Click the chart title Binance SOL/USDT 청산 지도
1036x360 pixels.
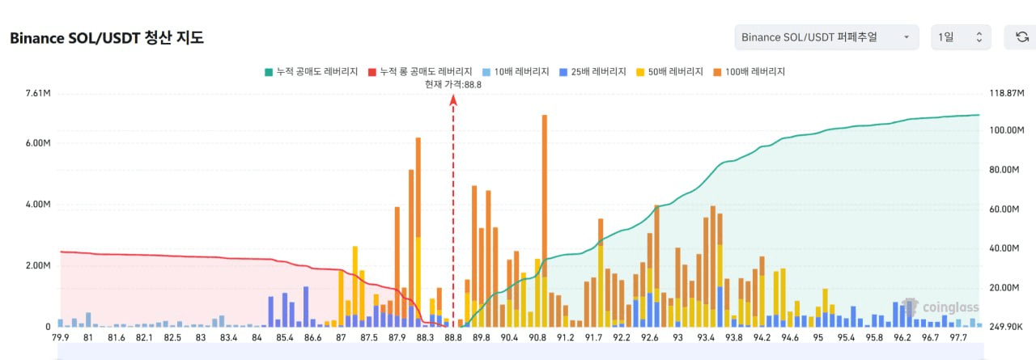coord(106,37)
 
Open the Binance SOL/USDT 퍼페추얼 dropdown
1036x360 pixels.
coord(826,36)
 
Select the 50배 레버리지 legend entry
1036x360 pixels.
coord(671,71)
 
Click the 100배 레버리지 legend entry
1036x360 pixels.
coord(750,71)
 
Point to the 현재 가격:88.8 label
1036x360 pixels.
coord(453,85)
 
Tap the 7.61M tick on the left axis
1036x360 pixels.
coord(38,94)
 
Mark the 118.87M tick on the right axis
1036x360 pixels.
coord(1007,94)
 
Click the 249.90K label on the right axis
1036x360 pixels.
coord(1007,326)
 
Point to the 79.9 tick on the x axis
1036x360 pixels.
coord(61,337)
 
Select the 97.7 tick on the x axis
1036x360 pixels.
coord(957,337)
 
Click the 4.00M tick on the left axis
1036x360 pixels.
coord(38,205)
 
